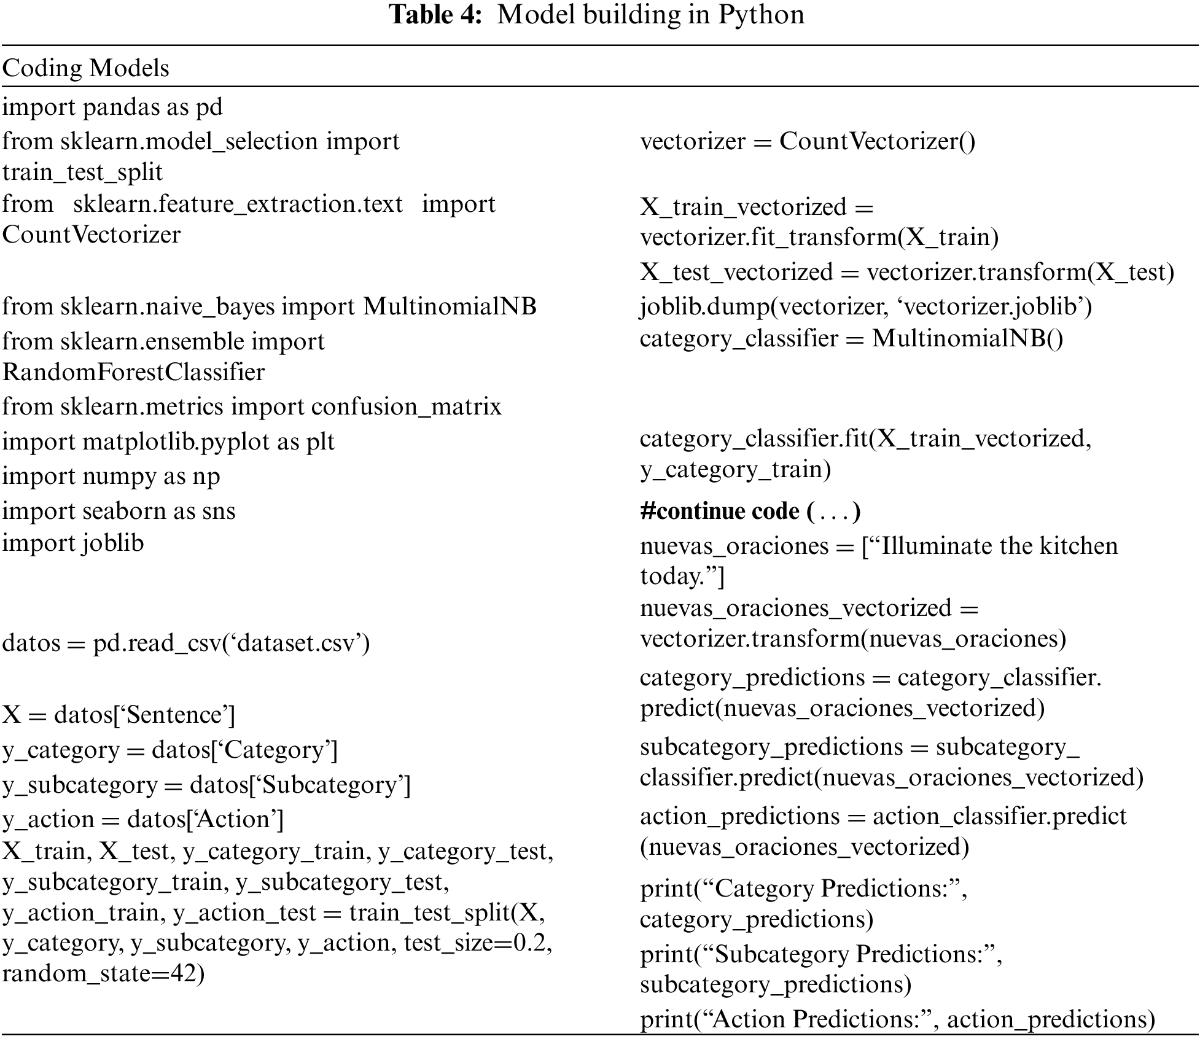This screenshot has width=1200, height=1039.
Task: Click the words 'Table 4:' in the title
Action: (x=435, y=15)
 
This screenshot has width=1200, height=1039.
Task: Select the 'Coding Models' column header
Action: (x=85, y=68)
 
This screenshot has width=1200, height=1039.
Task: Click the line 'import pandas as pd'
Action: (x=112, y=107)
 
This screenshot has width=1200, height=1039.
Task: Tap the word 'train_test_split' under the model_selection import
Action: (x=82, y=173)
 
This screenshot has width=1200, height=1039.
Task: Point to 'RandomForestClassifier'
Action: (x=133, y=372)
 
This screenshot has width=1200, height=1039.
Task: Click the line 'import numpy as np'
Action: (x=111, y=477)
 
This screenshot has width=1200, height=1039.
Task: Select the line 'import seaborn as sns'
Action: (x=119, y=511)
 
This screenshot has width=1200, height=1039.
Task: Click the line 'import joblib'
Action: (x=73, y=543)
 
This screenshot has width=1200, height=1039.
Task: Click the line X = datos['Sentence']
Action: (x=119, y=715)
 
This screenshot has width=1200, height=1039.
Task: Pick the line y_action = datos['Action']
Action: (x=142, y=819)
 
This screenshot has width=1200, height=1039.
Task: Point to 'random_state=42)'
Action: (x=103, y=974)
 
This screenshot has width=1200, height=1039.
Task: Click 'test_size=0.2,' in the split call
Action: (x=478, y=943)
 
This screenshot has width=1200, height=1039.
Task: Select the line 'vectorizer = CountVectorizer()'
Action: (x=807, y=142)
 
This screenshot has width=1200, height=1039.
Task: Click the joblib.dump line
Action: (x=865, y=306)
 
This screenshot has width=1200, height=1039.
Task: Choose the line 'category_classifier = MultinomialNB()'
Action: (x=851, y=338)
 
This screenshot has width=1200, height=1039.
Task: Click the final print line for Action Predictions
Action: (x=897, y=1019)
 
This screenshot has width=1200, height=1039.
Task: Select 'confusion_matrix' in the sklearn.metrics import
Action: (x=406, y=407)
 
